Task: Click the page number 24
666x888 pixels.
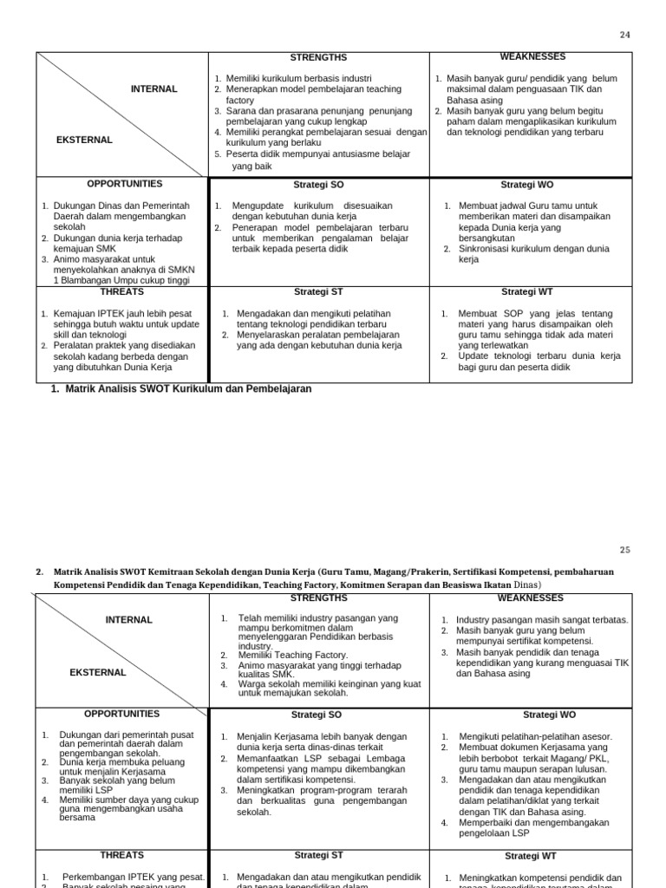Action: point(626,35)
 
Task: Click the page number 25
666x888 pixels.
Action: point(626,550)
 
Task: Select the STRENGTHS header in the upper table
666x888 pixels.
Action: point(318,58)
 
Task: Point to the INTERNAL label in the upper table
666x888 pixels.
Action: point(154,88)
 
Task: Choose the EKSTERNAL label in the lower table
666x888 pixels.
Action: point(98,672)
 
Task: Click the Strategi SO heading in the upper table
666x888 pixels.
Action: point(318,185)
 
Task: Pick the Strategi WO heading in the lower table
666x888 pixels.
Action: point(550,715)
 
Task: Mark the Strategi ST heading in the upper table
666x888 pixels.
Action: point(318,292)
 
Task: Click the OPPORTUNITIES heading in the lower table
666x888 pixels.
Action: point(121,714)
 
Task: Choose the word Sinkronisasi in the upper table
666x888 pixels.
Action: point(486,248)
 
